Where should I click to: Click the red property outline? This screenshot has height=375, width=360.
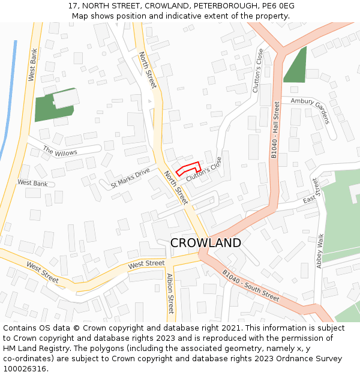[188, 169]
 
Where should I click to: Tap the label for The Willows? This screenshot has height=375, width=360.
[60, 152]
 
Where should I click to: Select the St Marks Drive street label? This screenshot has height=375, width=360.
[130, 178]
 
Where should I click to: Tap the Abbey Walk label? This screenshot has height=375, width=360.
[320, 251]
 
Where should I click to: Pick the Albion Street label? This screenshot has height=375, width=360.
[170, 293]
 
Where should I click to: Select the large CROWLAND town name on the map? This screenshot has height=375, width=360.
[206, 243]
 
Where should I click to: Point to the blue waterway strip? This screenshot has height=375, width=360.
[8, 102]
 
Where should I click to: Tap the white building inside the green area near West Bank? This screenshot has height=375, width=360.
[65, 99]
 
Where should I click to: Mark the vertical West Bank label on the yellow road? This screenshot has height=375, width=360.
[33, 65]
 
